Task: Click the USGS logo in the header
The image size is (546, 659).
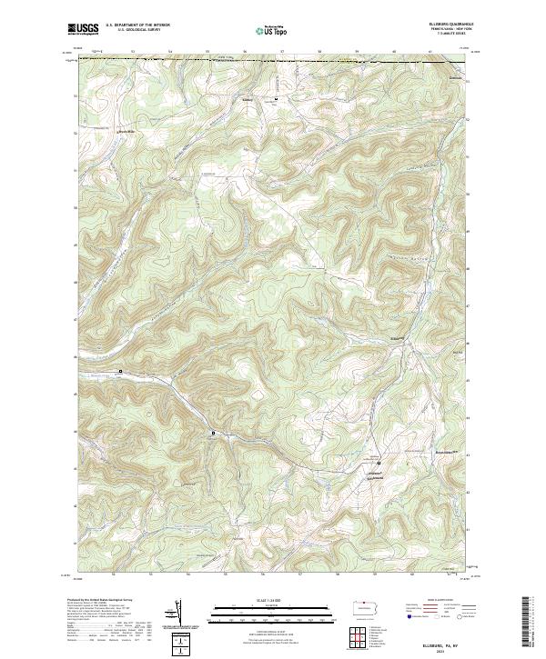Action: [x=84, y=30]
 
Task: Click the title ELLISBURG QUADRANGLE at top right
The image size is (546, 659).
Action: [x=447, y=23]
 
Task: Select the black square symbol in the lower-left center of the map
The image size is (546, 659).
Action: [x=214, y=433]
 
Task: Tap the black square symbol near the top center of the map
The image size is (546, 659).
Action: [x=277, y=96]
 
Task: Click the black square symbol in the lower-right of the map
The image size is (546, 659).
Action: [x=379, y=464]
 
